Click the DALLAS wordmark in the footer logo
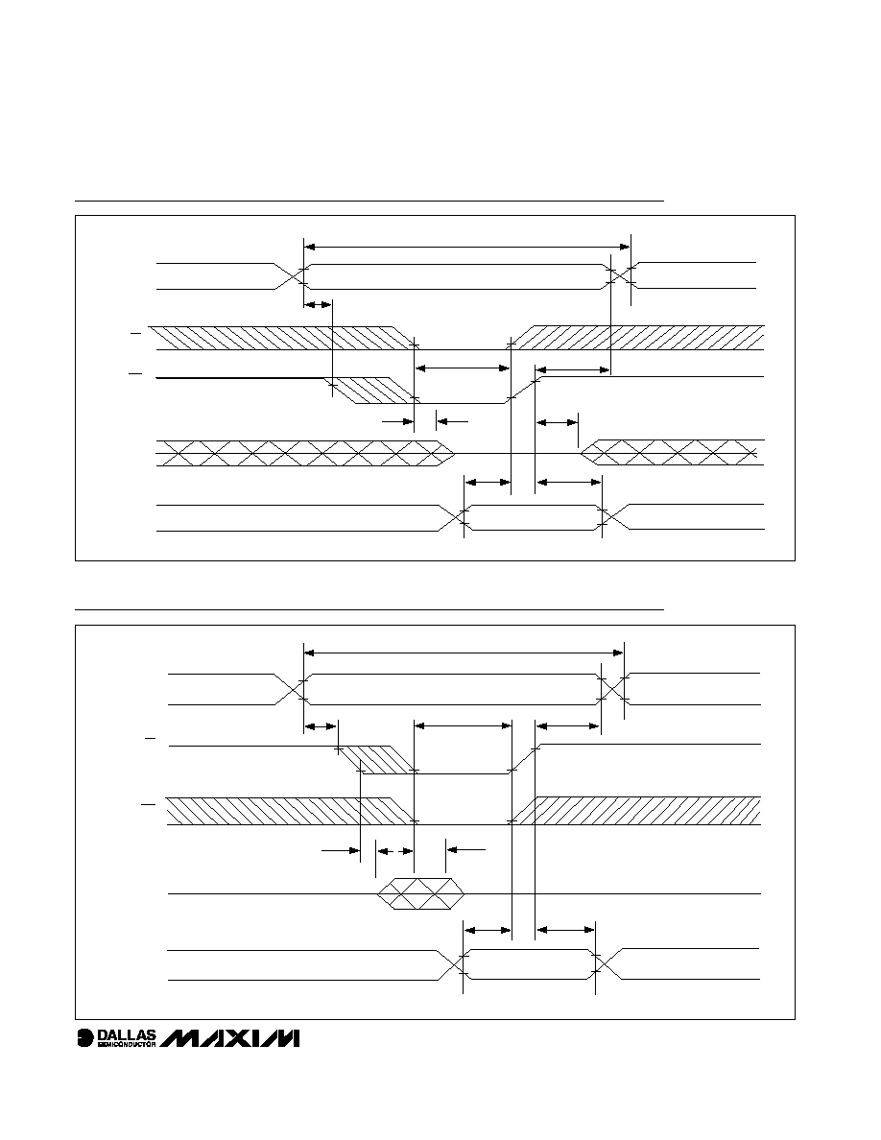pos(127,1034)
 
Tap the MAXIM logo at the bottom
pos(230,1038)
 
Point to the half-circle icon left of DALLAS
pos(85,1038)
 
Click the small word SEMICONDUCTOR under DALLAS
pos(127,1045)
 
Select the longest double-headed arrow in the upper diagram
pos(466,248)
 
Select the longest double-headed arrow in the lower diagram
pos(463,653)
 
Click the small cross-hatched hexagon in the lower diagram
pos(421,893)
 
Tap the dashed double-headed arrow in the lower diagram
pos(394,850)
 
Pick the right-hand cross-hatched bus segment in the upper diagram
pos(673,452)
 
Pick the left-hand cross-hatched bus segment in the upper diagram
pos(306,452)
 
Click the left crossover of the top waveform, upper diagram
pos(290,276)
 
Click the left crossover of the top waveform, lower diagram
pos(290,689)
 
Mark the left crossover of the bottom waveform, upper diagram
pos(451,517)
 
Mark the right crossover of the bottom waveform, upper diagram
pos(615,517)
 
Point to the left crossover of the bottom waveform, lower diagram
pos(451,964)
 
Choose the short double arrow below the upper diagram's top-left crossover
pos(318,304)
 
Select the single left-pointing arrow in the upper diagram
pos(452,420)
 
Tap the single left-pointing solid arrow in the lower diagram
pos(465,848)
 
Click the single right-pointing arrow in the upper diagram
pos(397,420)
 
